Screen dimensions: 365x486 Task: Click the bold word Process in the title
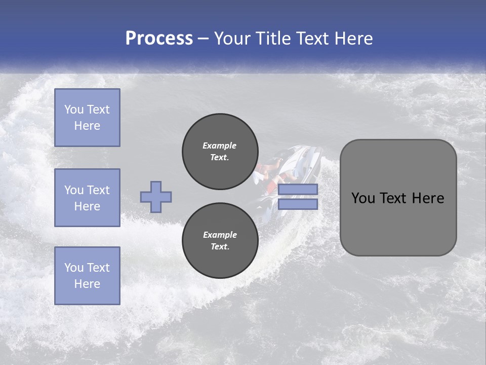coord(159,39)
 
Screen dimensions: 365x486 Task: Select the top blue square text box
coord(87,118)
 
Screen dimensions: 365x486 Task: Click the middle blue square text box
coord(87,198)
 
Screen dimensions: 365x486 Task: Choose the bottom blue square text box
coord(87,276)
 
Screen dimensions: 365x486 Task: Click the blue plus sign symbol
coord(156,197)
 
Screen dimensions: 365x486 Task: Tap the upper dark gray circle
coord(220,152)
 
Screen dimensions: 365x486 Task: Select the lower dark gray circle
coord(220,241)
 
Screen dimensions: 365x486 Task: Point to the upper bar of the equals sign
coord(298,189)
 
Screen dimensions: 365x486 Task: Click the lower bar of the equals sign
coord(298,204)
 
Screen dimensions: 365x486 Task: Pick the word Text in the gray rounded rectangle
coord(394,198)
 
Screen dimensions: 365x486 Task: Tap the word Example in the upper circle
coord(219,145)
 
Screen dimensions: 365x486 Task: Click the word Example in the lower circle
coord(219,235)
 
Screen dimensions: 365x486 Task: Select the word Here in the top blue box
coord(87,126)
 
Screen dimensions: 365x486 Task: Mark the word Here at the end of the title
coord(354,39)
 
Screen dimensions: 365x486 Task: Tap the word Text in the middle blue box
coord(98,190)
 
